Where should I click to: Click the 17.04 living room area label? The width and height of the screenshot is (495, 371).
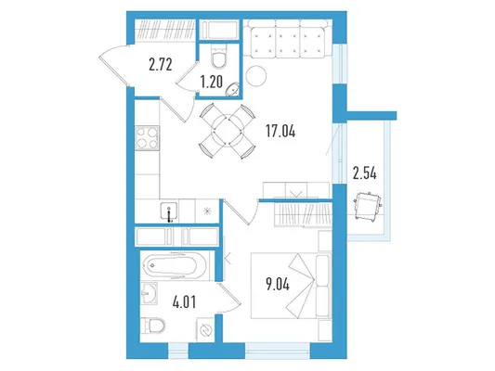tap(280, 131)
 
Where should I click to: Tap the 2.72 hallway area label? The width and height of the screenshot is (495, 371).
tap(161, 65)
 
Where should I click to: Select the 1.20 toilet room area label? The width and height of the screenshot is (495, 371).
tap(211, 82)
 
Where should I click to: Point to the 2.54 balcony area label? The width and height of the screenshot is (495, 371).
tap(365, 173)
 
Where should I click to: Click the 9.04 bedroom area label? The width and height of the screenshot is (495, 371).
tap(278, 285)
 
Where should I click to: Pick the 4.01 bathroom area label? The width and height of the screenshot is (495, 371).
tap(185, 301)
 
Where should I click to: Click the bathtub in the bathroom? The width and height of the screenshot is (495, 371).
tap(175, 265)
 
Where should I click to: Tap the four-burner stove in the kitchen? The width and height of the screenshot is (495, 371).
tap(147, 137)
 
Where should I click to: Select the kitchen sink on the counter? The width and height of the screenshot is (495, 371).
tap(169, 212)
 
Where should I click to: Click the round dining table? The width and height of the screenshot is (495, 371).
tap(227, 131)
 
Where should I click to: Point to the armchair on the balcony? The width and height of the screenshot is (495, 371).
tap(368, 206)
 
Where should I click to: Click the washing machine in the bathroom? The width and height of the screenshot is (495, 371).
tap(205, 329)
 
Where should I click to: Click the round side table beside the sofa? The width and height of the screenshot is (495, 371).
tap(256, 76)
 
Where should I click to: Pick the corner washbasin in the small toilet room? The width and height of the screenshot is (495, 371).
tap(232, 88)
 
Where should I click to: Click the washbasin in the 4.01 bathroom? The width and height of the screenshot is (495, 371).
tap(149, 293)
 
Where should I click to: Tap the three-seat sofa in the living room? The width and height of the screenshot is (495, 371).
tap(287, 39)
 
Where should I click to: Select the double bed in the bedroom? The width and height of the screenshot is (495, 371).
tap(291, 286)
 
